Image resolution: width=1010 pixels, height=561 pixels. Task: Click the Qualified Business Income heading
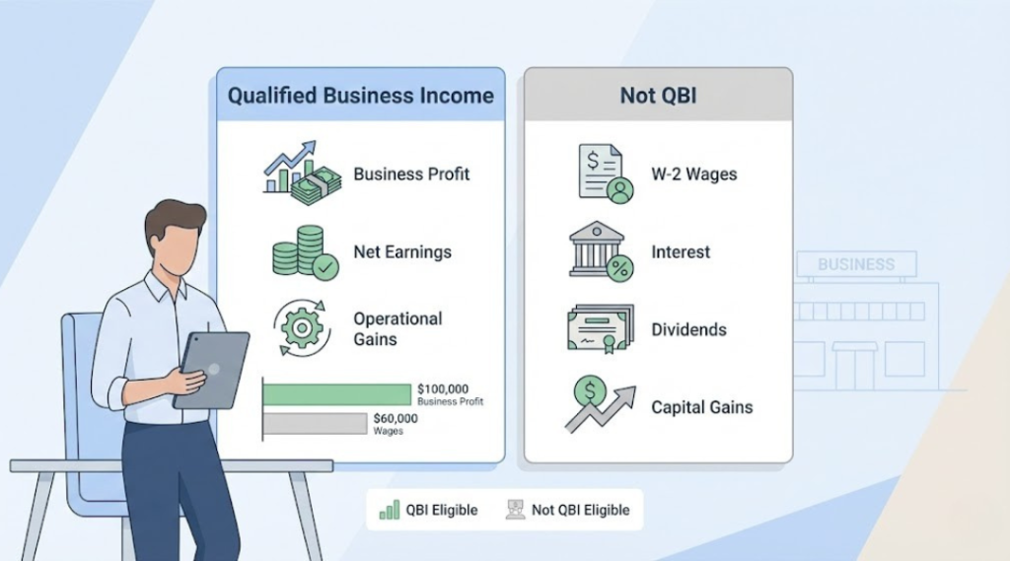click(x=360, y=96)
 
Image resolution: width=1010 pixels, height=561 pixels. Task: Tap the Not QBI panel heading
click(x=657, y=96)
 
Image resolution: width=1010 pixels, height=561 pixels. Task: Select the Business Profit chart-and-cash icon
click(x=302, y=174)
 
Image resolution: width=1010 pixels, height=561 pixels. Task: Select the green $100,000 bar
click(x=336, y=394)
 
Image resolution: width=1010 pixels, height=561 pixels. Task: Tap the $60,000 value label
click(x=396, y=419)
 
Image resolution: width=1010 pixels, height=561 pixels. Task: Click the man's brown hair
click(x=174, y=220)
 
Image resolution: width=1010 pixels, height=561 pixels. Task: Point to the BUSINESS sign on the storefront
click(x=856, y=264)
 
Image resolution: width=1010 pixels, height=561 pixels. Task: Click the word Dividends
click(x=688, y=329)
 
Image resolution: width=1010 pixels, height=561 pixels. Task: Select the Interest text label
click(x=681, y=252)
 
